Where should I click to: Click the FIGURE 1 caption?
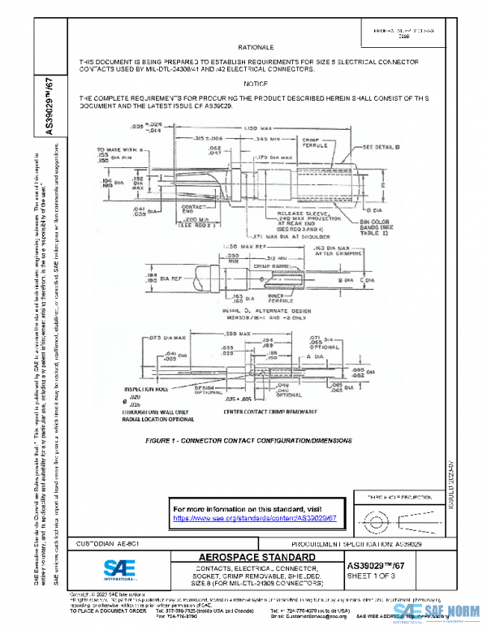coord(249,439)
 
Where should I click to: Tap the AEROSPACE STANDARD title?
coord(245,557)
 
